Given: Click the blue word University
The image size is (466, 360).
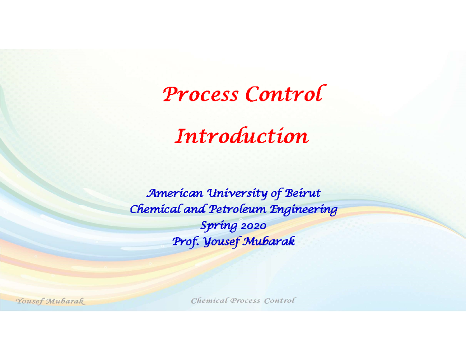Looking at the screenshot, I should coord(236,193).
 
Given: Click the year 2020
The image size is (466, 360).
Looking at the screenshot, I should coord(253,226).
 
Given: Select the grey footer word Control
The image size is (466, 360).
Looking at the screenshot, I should coord(280,301).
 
